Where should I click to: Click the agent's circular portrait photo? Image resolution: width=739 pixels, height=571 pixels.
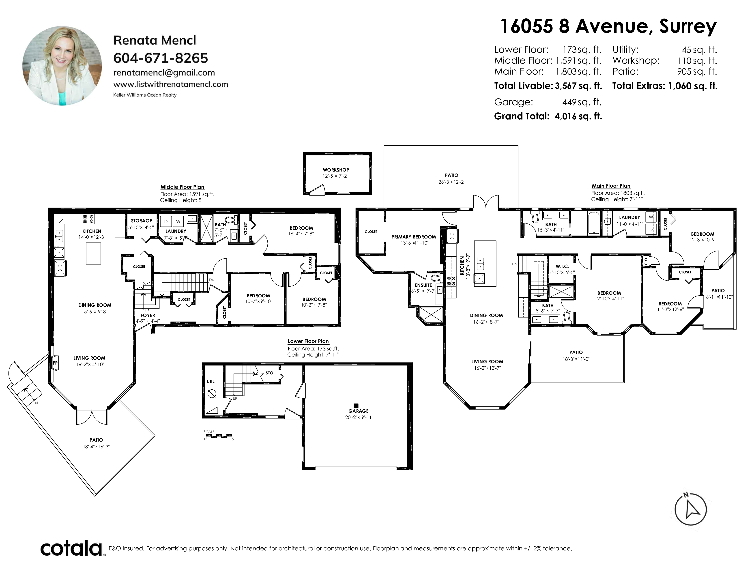coord(62,66)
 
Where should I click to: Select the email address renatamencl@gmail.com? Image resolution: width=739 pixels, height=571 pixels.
coord(164,73)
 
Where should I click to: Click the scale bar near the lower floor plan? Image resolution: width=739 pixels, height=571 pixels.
coord(219,436)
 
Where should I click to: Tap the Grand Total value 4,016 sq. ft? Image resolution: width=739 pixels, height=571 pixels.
coord(578,116)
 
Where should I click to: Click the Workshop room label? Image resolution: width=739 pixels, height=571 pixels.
coord(336,170)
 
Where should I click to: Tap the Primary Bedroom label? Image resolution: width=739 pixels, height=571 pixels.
coord(413,237)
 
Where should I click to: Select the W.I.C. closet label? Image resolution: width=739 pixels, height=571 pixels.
coord(562,266)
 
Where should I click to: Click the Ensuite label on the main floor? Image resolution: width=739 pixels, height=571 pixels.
coord(423,285)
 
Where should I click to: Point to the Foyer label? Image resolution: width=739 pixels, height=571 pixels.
coord(148,315)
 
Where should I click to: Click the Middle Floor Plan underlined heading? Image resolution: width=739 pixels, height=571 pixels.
coord(182,187)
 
